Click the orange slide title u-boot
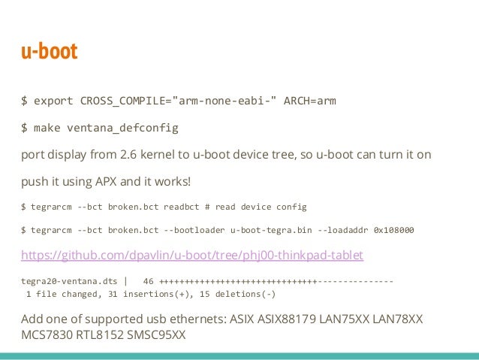tap(49, 53)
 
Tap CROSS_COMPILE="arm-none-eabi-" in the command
tap(176, 100)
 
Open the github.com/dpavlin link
tap(192, 256)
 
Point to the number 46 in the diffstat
tap(148, 282)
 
